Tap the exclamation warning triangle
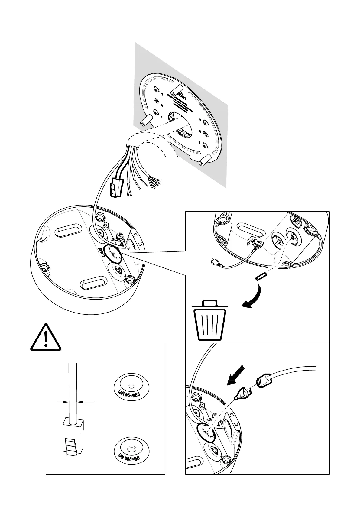pyautogui.click(x=46, y=338)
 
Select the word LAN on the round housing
pyautogui.click(x=105, y=251)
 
